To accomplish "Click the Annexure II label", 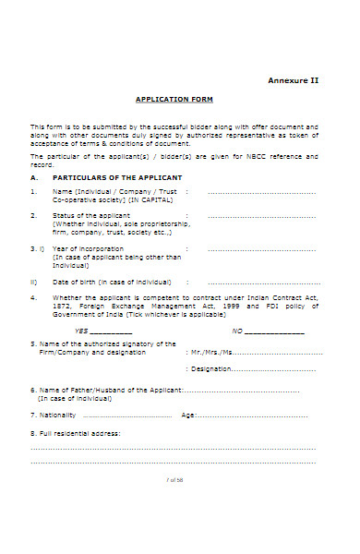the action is [293, 80].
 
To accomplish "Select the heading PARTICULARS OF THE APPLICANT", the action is [117, 176].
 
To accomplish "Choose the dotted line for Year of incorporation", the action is [262, 249].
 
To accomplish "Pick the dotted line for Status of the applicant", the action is [262, 217].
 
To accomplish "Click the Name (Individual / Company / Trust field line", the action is [262, 192].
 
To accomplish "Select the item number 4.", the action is [33, 298].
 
